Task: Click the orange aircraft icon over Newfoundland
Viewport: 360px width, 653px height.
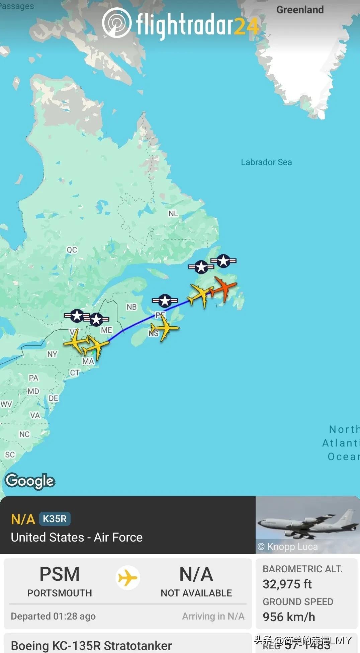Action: tap(223, 288)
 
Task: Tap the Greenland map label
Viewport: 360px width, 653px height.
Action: tap(300, 10)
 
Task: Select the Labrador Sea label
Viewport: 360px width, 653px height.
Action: tap(266, 162)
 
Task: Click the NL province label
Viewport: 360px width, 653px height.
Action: tap(173, 214)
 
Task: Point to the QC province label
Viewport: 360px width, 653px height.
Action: tap(72, 250)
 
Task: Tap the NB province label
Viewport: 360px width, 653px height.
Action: tap(131, 307)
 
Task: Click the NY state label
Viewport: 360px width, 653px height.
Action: tap(52, 354)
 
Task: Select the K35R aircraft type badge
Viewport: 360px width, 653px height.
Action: tap(55, 519)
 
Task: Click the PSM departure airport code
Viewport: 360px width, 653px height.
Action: tap(60, 574)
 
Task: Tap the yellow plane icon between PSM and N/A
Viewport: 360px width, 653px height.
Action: tap(128, 578)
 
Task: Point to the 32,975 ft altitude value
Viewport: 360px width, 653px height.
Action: tap(287, 584)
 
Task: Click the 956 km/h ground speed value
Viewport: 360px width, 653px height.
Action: tap(289, 617)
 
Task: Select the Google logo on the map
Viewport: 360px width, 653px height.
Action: tap(30, 481)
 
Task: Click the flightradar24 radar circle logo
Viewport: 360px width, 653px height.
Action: tap(116, 23)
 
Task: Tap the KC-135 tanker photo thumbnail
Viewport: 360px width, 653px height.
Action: tap(307, 524)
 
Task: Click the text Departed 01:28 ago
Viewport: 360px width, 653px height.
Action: tap(53, 616)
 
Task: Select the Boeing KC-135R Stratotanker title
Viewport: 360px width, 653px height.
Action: tap(91, 645)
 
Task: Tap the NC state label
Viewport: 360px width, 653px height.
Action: tap(24, 434)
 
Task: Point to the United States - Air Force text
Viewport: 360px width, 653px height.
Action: tap(77, 537)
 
